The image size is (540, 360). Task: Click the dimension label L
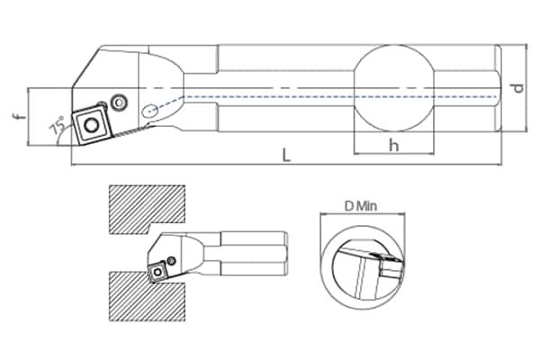pos(286,156)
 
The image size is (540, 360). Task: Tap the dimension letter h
pos(393,145)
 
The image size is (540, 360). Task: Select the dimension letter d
pos(517,88)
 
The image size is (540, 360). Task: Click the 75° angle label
pos(58,125)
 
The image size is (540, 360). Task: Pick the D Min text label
pos(361,206)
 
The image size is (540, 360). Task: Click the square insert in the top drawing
pos(91,125)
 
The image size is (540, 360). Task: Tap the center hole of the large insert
pos(92,125)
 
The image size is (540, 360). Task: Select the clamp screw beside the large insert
pos(119,103)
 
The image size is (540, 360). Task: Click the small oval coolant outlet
pos(149,110)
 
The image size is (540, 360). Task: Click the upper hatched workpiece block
pos(147,209)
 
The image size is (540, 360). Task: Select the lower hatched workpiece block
pos(147,297)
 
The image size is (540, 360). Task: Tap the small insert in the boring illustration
pos(157,272)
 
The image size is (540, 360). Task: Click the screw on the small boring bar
pos(171,260)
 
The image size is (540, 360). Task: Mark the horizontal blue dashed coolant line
pos(341,96)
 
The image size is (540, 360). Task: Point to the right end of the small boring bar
pos(286,254)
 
